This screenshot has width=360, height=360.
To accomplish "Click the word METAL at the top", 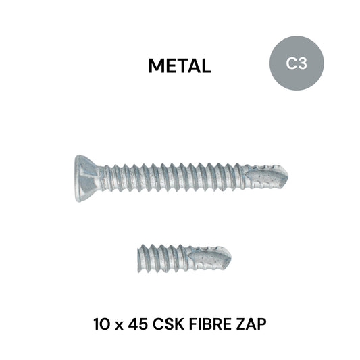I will coord(180,66).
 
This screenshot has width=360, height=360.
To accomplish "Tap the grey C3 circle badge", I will coord(296,64).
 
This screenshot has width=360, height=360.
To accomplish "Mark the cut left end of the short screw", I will coord(140,257).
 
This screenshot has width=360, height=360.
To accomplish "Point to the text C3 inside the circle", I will coord(296,64).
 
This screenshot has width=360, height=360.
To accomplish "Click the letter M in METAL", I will coord(155,66).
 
